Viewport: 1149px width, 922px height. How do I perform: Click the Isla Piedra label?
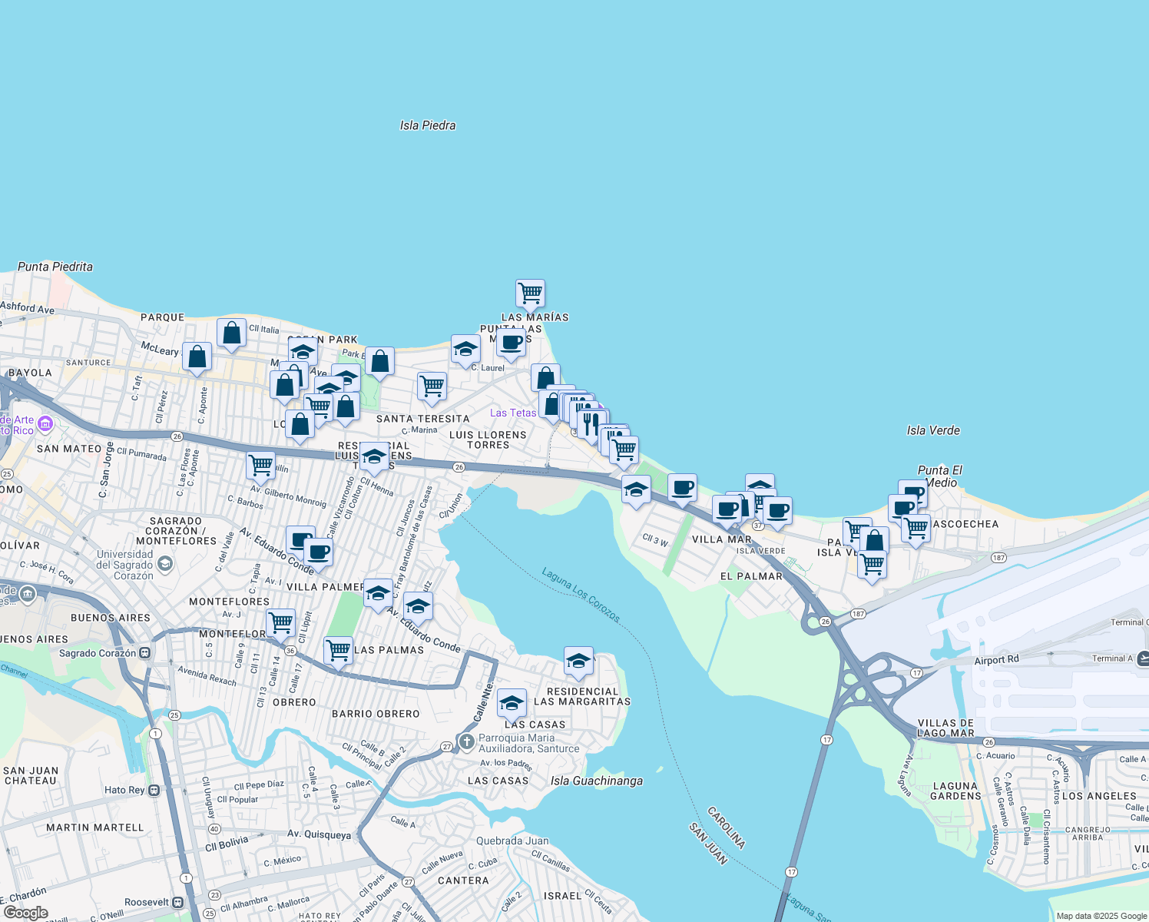point(428,125)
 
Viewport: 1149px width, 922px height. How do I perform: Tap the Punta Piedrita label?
point(55,267)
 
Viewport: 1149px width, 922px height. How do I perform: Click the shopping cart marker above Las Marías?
point(530,294)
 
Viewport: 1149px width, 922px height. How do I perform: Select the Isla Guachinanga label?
point(597,781)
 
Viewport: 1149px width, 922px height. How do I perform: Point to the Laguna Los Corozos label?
point(581,595)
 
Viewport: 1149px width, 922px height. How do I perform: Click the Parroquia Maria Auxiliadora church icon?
point(466,742)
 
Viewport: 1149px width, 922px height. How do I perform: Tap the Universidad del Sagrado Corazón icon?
point(164,565)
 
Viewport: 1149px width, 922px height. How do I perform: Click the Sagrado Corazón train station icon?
point(144,653)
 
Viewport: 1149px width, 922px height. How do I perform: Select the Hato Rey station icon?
point(154,790)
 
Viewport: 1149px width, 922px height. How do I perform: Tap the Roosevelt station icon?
point(178,902)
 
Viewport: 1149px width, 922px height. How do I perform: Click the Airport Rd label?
point(996,660)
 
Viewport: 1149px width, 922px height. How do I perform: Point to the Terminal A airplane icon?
point(1143,658)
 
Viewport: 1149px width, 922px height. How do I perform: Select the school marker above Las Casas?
point(512,702)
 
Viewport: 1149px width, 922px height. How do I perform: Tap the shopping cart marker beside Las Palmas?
point(338,651)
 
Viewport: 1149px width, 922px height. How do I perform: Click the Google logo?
point(25,913)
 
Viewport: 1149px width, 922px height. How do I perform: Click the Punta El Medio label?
point(940,476)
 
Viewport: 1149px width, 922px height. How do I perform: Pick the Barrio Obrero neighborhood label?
point(376,714)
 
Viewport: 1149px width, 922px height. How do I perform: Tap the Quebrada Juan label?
point(512,841)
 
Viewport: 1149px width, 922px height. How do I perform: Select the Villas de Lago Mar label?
point(945,728)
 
